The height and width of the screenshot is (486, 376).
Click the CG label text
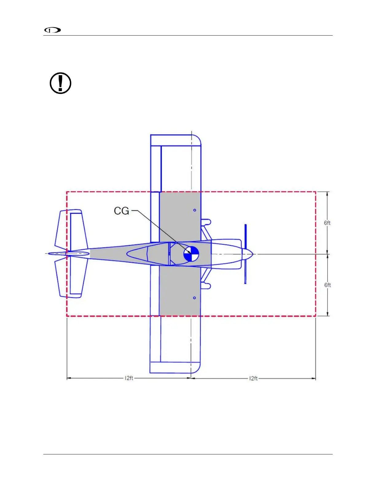coord(121,211)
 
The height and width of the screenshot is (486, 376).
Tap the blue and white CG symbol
coord(191,254)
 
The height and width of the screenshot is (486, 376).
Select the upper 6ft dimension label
coord(327,223)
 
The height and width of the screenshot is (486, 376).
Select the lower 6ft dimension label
coord(327,285)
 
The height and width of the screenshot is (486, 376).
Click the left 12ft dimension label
coord(129,378)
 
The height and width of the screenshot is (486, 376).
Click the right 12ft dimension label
coord(253,378)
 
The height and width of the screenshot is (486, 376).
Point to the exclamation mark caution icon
coord(61,83)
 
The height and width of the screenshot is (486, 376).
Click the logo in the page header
coord(53,30)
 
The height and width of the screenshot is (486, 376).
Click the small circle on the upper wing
coord(195,210)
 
